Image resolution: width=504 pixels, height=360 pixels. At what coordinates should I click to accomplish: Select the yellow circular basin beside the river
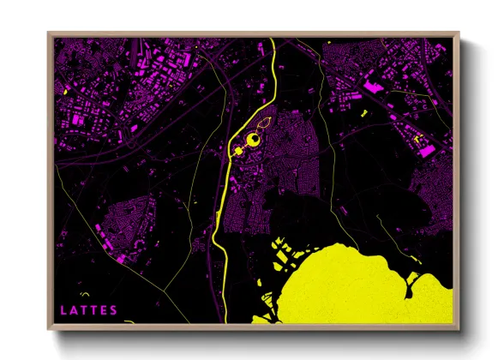[x=254, y=140]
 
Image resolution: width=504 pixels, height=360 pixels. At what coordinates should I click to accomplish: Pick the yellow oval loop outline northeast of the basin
[x=267, y=125]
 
